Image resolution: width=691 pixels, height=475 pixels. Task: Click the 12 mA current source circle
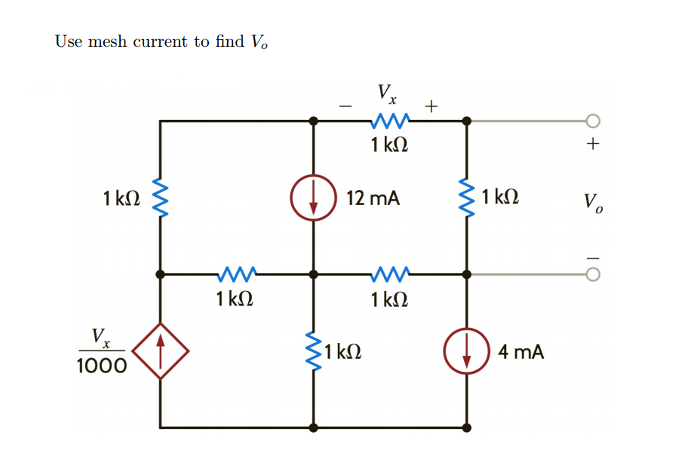(x=313, y=197)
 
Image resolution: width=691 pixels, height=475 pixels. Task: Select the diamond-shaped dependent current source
(x=160, y=351)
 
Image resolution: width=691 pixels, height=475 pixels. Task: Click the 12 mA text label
(x=373, y=198)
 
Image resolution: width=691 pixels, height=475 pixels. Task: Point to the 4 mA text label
(x=521, y=352)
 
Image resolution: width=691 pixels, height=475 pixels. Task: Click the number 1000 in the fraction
(x=102, y=366)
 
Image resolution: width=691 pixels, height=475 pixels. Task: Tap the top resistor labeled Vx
(x=390, y=121)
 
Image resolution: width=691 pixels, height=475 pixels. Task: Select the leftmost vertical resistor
(x=160, y=197)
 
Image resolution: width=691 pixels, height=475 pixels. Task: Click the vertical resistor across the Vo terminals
(x=466, y=197)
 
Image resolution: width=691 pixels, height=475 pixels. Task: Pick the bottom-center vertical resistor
(x=313, y=351)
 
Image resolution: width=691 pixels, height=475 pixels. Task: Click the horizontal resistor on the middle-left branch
(x=236, y=274)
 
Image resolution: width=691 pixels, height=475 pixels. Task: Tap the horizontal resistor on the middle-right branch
(x=390, y=274)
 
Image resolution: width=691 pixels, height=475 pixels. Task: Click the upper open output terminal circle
(x=593, y=121)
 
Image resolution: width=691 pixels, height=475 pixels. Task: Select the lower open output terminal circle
(x=593, y=274)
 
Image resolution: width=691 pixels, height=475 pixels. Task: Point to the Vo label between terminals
(x=593, y=203)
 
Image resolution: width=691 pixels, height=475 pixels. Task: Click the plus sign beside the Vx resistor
(x=431, y=106)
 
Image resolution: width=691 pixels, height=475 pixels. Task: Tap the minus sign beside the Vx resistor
(x=345, y=107)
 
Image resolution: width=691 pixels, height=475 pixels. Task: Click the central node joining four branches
(x=313, y=274)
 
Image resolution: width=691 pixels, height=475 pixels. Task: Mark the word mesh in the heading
(x=107, y=42)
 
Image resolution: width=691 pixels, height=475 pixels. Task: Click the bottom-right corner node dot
(x=466, y=428)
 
